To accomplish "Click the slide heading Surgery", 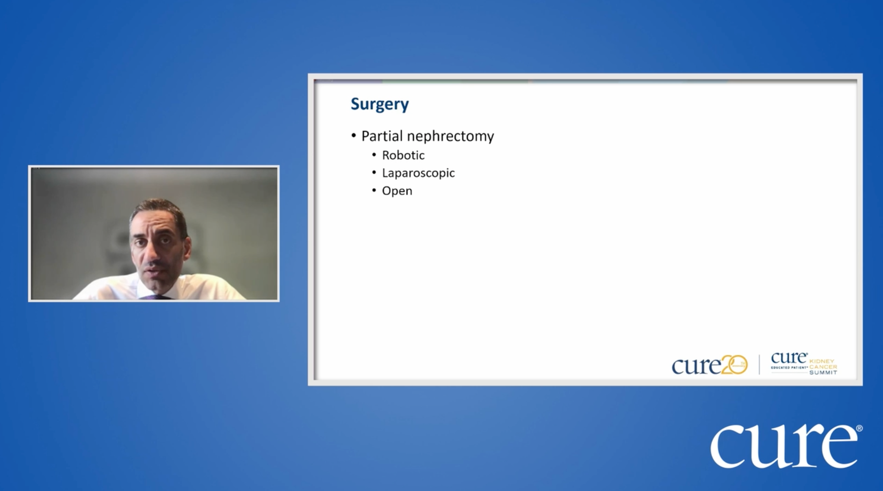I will click(379, 104).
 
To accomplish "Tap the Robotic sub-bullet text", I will click(403, 155).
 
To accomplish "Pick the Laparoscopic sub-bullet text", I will click(418, 173).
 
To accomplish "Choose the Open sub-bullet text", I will click(397, 191).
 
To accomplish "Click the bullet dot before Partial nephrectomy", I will click(354, 136).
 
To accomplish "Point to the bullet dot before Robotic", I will click(374, 154).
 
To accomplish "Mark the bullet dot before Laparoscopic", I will click(374, 172).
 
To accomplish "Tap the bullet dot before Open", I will click(374, 190).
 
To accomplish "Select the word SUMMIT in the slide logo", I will click(823, 373).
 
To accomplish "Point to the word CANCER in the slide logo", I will click(823, 367).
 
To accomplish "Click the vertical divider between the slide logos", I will click(759, 364).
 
